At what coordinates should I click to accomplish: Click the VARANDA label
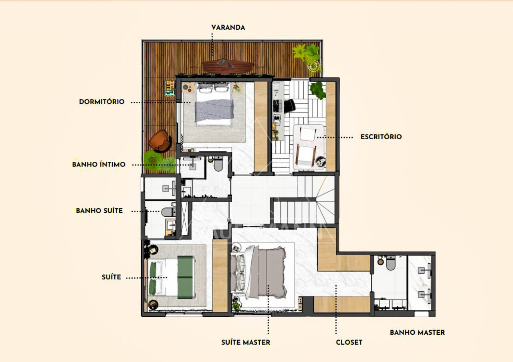[x=228, y=28]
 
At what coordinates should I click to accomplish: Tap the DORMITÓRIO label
[x=102, y=102]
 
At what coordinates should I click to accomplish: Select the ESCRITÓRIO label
[x=381, y=137]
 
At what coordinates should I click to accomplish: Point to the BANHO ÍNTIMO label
[x=99, y=164]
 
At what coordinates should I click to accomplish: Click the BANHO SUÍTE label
[x=99, y=211]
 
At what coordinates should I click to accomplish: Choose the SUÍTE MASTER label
[x=246, y=342]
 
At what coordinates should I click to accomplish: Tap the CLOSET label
[x=349, y=342]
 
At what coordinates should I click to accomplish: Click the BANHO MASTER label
[x=417, y=332]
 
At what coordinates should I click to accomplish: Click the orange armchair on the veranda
[x=160, y=140]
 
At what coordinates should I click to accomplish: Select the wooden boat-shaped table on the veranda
[x=228, y=67]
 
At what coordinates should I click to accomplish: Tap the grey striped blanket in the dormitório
[x=214, y=111]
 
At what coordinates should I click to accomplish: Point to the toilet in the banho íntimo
[x=218, y=164]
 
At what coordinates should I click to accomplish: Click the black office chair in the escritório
[x=289, y=106]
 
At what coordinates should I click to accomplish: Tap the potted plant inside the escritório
[x=317, y=90]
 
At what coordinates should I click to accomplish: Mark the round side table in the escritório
[x=320, y=161]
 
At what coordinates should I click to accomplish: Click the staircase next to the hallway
[x=305, y=200]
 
